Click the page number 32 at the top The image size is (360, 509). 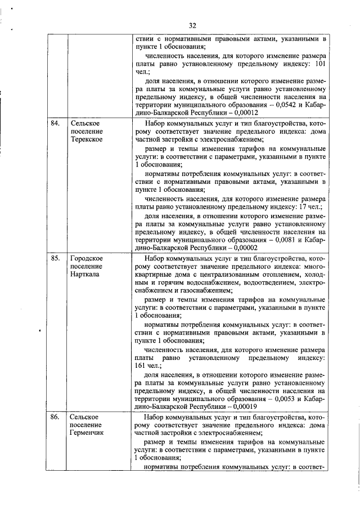[192, 25]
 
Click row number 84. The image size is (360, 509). [55, 123]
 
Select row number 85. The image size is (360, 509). [55, 258]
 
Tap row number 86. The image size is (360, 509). [55, 417]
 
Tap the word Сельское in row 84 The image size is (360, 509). [85, 123]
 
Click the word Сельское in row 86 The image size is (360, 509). [85, 417]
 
